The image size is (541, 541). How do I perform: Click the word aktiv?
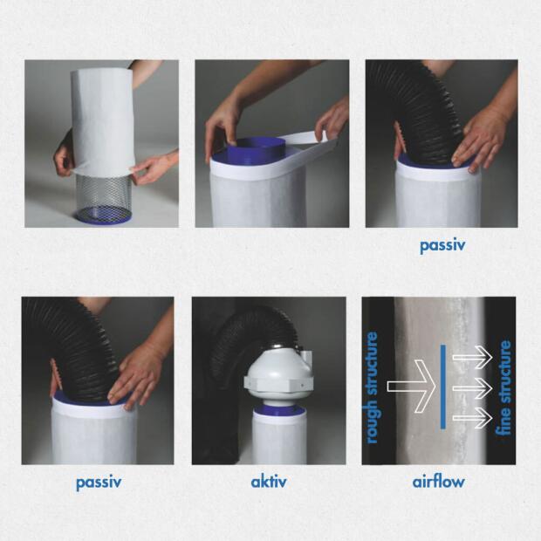coord(269,482)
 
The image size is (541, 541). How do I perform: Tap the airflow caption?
coord(438,482)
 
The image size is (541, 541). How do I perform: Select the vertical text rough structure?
coord(373,387)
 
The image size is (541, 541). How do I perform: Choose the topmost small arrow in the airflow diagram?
coord(477,355)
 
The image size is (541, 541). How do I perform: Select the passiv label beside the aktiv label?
coord(98,482)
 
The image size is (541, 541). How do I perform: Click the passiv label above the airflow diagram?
coord(442,246)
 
